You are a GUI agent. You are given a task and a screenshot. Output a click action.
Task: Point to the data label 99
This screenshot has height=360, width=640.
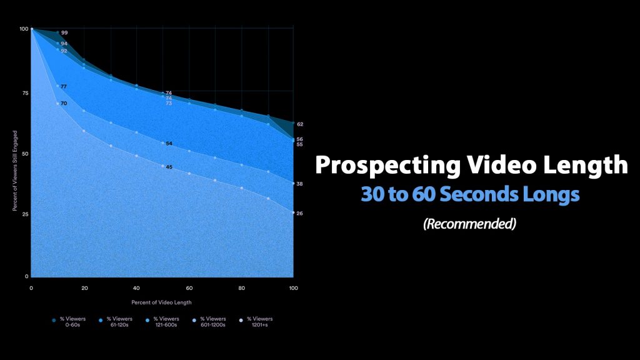tap(64, 32)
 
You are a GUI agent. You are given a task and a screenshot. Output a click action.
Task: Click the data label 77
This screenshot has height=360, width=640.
tap(64, 86)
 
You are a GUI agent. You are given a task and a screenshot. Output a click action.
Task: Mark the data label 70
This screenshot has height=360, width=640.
tap(64, 103)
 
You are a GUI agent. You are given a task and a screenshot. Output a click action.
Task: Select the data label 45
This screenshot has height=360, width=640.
tap(169, 167)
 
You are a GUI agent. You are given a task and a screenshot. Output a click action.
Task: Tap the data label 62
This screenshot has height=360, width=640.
tap(300, 124)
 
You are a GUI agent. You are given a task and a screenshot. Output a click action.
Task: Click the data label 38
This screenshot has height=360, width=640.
tap(300, 184)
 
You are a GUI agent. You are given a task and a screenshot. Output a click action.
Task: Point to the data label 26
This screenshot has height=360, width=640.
tap(300, 213)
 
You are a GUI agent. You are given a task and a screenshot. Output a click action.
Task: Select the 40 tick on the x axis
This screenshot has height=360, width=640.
tap(136, 288)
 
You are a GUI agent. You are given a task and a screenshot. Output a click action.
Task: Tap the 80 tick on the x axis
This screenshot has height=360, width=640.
tap(241, 288)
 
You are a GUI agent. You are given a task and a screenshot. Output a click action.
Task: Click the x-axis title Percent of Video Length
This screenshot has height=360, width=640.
tap(162, 302)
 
